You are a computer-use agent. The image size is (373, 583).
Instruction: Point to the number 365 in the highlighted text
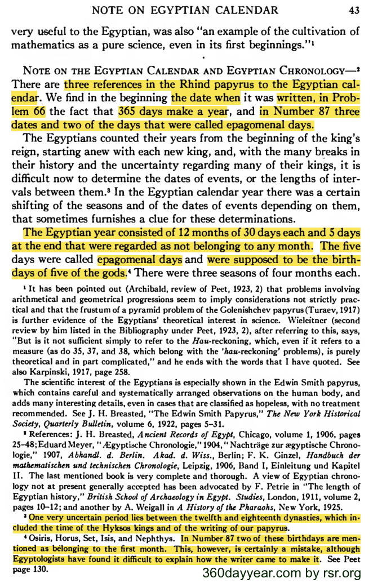click(x=130, y=112)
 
